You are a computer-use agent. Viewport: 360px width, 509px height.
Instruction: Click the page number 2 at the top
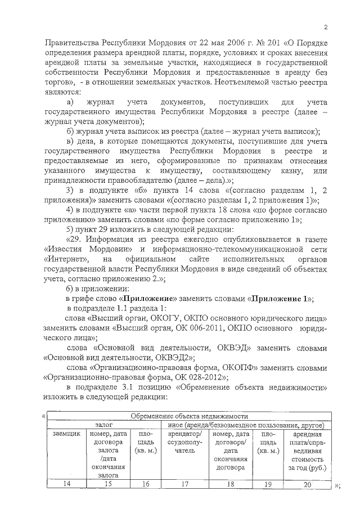(326, 28)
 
